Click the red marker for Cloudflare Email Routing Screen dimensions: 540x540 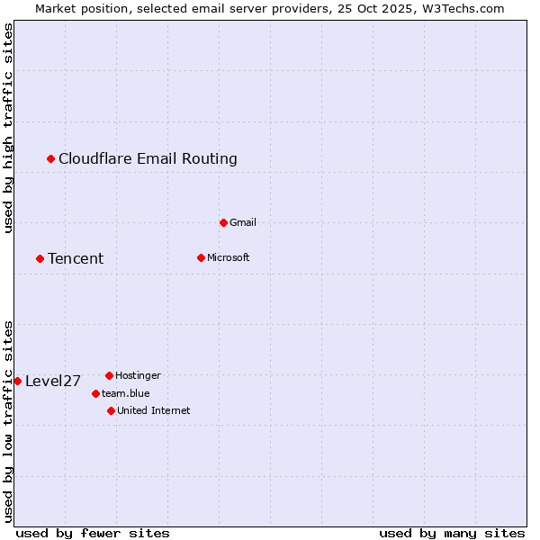(51, 159)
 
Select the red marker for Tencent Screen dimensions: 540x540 (40, 259)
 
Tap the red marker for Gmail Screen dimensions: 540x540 (223, 222)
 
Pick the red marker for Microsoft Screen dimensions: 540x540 (201, 258)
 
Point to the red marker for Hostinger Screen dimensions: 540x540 (109, 375)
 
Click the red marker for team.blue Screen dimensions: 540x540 (95, 393)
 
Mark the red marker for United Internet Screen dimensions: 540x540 (111, 410)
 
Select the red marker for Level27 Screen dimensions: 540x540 (17, 381)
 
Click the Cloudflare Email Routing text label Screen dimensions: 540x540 (148, 159)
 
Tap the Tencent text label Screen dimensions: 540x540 (76, 259)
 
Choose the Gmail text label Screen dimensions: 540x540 (243, 222)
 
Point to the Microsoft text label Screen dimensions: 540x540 (228, 258)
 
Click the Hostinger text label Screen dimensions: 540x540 (138, 375)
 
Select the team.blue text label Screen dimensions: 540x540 (126, 393)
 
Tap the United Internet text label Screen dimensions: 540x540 (153, 410)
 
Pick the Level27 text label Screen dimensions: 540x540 (53, 381)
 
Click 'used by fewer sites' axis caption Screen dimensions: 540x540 (93, 533)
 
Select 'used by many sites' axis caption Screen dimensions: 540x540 (452, 533)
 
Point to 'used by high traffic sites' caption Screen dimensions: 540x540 (8, 129)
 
